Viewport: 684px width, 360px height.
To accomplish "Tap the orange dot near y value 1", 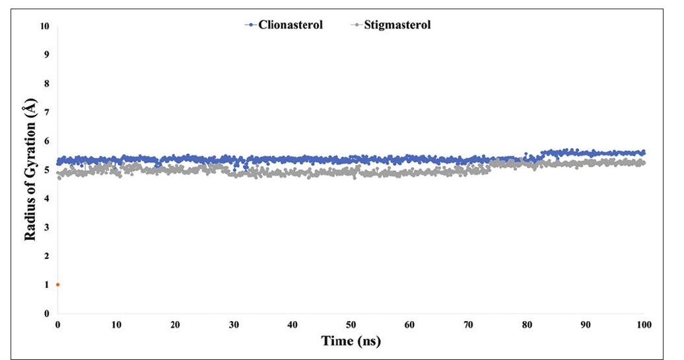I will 58,285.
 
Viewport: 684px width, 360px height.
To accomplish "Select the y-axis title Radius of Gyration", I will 30,170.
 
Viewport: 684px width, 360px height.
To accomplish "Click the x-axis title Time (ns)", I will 351,342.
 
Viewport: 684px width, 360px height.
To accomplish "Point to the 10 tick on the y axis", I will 45,27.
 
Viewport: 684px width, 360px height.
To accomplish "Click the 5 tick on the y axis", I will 47,170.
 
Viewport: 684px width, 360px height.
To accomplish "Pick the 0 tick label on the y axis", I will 47,314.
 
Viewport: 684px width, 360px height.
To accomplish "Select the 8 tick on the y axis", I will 47,85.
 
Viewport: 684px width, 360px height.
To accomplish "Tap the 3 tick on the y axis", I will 47,228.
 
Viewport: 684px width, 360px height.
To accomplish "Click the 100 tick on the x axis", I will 644,324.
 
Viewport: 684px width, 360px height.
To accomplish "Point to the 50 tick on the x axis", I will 351,324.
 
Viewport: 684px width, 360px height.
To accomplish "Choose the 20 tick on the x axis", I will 175,324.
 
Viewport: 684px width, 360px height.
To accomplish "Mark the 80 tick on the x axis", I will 527,324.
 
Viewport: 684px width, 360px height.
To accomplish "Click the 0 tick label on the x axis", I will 58,324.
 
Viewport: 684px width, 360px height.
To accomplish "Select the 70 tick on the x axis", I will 468,324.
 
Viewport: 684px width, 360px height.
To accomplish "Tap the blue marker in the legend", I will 250,25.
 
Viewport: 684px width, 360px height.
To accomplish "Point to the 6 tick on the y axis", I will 47,142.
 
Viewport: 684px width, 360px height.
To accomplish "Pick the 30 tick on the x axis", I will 234,324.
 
